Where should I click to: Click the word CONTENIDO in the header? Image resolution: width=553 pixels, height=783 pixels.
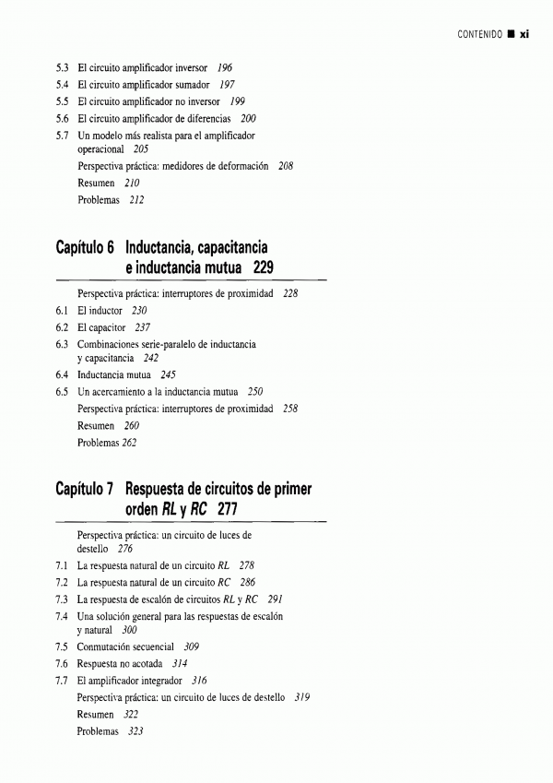pyautogui.click(x=479, y=35)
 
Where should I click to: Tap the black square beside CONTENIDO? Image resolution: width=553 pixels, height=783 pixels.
pyautogui.click(x=510, y=35)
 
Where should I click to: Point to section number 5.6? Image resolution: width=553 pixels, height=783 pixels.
pyautogui.click(x=63, y=119)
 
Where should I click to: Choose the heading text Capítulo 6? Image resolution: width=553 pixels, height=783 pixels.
pyautogui.click(x=84, y=248)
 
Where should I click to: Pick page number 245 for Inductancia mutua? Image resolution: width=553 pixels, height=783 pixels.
pyautogui.click(x=168, y=375)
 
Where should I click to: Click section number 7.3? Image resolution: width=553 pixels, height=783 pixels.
pyautogui.click(x=63, y=599)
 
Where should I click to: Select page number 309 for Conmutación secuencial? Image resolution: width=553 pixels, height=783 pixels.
pyautogui.click(x=192, y=647)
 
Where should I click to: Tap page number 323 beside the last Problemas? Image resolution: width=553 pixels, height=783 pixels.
pyautogui.click(x=137, y=730)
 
